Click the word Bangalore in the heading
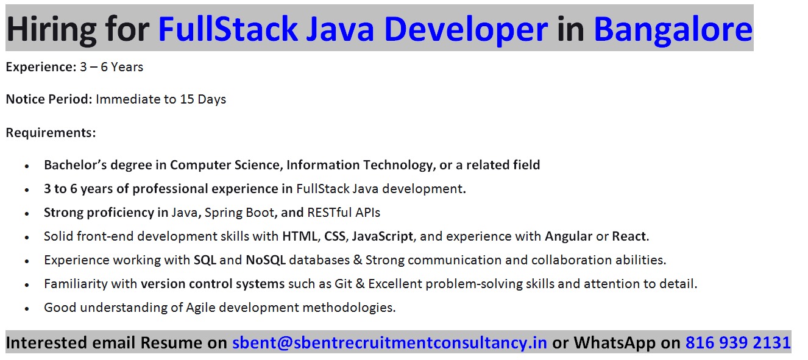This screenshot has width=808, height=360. pyautogui.click(x=673, y=30)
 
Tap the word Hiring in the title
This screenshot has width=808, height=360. pyautogui.click(x=51, y=30)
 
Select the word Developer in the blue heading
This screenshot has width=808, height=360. pyautogui.click(x=466, y=30)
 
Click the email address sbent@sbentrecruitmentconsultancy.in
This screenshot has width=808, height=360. pyautogui.click(x=389, y=343)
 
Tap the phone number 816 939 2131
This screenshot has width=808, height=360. pyautogui.click(x=738, y=342)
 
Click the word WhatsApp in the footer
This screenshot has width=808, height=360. pyautogui.click(x=614, y=343)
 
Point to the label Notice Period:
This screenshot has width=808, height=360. pyautogui.click(x=49, y=99)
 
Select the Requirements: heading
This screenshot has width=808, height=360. pyautogui.click(x=51, y=133)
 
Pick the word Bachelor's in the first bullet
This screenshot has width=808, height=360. pyautogui.click(x=76, y=165)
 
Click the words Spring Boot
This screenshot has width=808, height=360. pyautogui.click(x=239, y=213)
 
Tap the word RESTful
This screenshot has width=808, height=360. pyautogui.click(x=329, y=213)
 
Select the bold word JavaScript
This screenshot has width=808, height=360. pyautogui.click(x=382, y=236)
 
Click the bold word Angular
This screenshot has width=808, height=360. pyautogui.click(x=569, y=236)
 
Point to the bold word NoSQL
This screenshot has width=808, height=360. pyautogui.click(x=266, y=260)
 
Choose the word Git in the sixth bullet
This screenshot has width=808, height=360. pyautogui.click(x=343, y=284)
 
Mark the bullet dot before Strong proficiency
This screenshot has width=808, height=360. pyautogui.click(x=27, y=214)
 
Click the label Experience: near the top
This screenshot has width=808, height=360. pyautogui.click(x=41, y=67)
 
